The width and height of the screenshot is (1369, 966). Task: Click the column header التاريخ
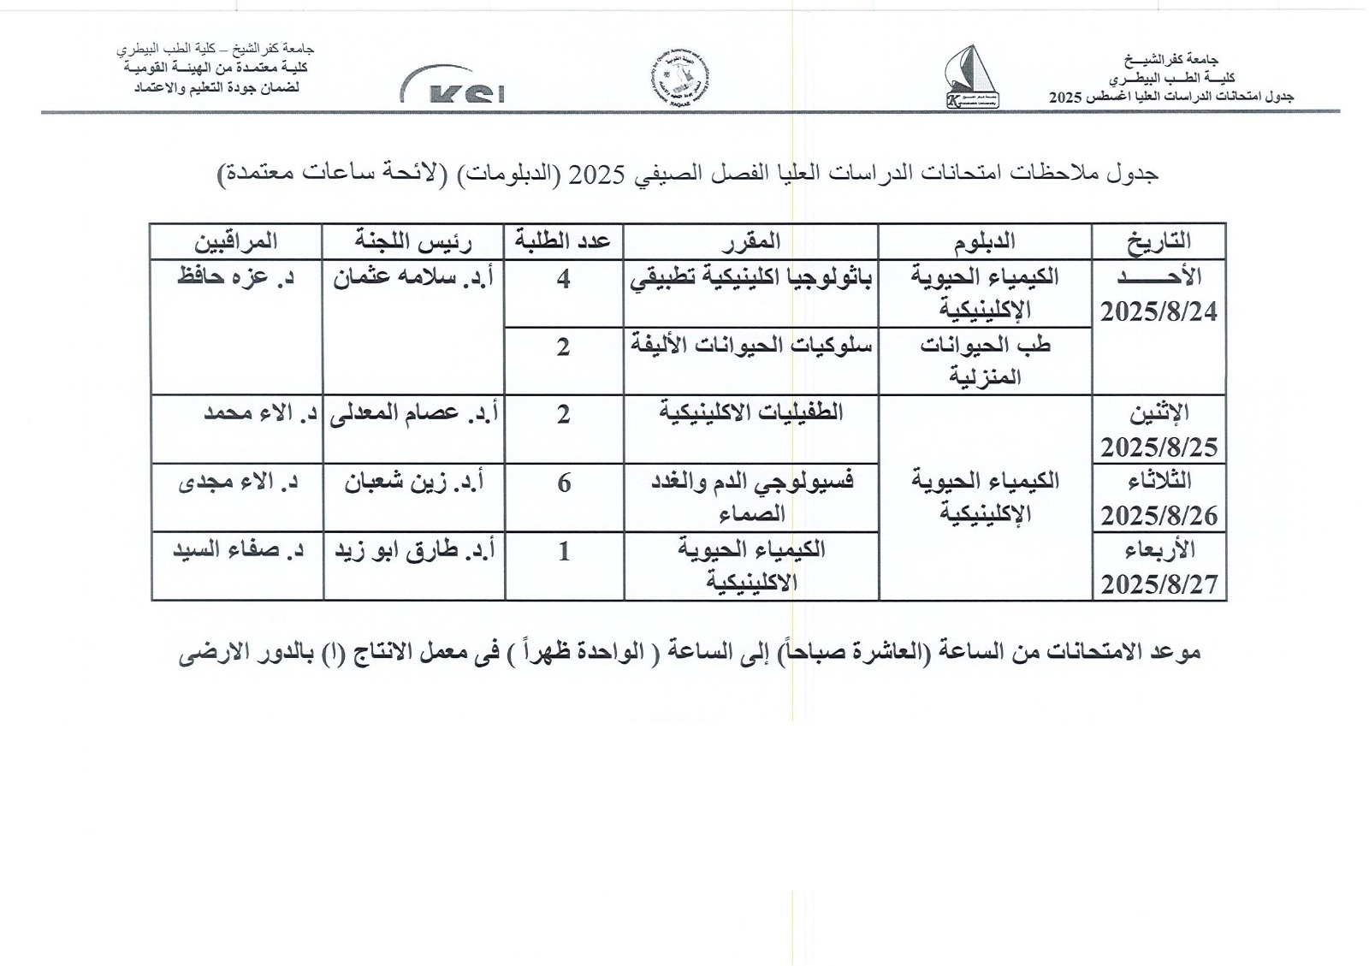pyautogui.click(x=1159, y=241)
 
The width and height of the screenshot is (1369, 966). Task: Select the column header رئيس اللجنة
pyautogui.click(x=414, y=241)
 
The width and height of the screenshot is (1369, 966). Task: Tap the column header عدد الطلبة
pyautogui.click(x=563, y=241)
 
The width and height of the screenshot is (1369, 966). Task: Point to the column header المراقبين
pyautogui.click(x=235, y=241)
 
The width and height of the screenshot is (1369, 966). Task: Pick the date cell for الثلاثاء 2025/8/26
pyautogui.click(x=1159, y=498)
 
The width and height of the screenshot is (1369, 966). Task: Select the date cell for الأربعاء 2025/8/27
pyautogui.click(x=1159, y=566)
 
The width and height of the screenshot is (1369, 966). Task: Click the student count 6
pyautogui.click(x=564, y=483)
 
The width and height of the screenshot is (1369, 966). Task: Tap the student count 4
pyautogui.click(x=563, y=279)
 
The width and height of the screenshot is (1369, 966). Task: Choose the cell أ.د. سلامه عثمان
pyautogui.click(x=414, y=279)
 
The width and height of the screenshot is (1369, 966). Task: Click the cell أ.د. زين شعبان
pyautogui.click(x=414, y=483)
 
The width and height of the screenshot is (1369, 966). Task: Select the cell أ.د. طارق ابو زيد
pyautogui.click(x=414, y=552)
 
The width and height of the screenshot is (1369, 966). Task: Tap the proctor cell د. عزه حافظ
pyautogui.click(x=235, y=279)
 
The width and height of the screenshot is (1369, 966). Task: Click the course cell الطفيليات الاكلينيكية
pyautogui.click(x=750, y=413)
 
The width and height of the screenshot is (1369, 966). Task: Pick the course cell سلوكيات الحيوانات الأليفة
pyautogui.click(x=750, y=347)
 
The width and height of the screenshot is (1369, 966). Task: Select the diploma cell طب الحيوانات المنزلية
pyautogui.click(x=985, y=360)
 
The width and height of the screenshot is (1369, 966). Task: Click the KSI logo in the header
pyautogui.click(x=453, y=86)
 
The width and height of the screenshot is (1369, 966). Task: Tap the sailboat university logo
pyautogui.click(x=969, y=77)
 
